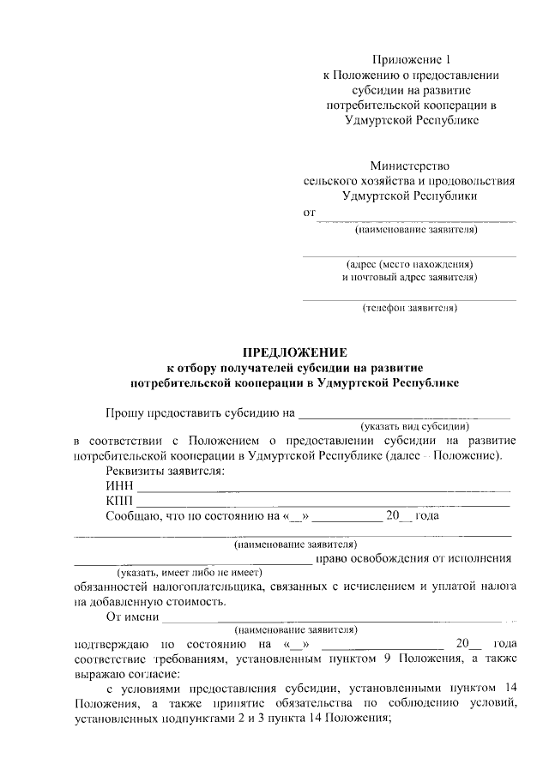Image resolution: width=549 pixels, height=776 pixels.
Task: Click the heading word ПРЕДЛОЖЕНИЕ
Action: [x=294, y=352]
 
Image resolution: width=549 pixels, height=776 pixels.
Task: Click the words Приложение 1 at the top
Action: [x=410, y=59]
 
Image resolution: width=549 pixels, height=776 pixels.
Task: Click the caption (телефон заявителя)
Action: [x=410, y=308]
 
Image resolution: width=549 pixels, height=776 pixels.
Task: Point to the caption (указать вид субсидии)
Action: [x=414, y=425]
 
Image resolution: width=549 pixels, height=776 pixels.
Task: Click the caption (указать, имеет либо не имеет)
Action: [x=190, y=571]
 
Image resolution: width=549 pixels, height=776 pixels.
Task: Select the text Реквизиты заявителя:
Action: [x=165, y=471]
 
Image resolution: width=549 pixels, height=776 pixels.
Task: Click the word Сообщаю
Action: [x=134, y=516]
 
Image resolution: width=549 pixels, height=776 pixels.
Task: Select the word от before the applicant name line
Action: [x=311, y=212]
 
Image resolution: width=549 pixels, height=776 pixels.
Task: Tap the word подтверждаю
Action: [x=112, y=643]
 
